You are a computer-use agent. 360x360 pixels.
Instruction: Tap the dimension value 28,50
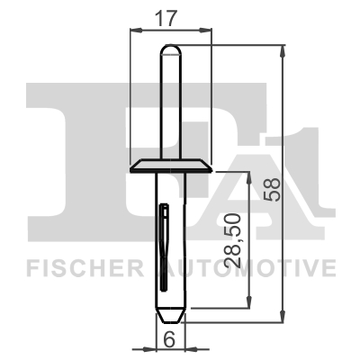[x=232, y=239]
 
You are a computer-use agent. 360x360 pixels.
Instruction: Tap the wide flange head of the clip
[x=171, y=167]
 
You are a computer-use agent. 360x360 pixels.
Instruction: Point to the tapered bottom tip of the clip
[x=171, y=316]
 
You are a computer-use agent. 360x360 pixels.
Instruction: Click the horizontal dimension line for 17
[x=172, y=30]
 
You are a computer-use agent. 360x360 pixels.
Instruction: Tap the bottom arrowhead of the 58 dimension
[x=285, y=320]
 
